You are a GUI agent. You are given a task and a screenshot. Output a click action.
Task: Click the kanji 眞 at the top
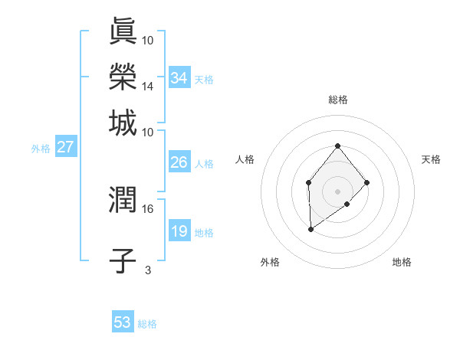(x=123, y=32)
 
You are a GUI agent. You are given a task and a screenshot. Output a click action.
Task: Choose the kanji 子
(x=123, y=260)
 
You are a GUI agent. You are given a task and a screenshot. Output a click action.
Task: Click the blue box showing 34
(x=179, y=78)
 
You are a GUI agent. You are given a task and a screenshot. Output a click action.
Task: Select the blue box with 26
(x=179, y=162)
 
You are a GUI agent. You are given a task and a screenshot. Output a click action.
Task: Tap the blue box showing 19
(x=179, y=231)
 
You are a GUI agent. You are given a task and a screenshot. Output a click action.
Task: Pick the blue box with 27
(x=65, y=147)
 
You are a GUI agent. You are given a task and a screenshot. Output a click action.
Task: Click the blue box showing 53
(x=123, y=322)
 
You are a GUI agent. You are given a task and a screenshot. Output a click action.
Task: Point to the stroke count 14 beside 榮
(x=148, y=87)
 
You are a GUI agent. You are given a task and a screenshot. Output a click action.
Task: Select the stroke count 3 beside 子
(x=148, y=270)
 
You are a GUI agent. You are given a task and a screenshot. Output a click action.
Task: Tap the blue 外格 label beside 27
(x=40, y=149)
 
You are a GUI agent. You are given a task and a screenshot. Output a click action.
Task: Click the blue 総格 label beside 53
(x=147, y=324)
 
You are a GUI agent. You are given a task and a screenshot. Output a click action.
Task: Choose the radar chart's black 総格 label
(x=338, y=100)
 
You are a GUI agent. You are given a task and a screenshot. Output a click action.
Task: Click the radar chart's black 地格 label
(x=402, y=262)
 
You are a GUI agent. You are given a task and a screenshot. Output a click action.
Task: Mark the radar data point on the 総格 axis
(x=338, y=146)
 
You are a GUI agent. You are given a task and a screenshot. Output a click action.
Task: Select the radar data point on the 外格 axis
(x=310, y=229)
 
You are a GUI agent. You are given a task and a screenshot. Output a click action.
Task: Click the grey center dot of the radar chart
(x=338, y=191)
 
